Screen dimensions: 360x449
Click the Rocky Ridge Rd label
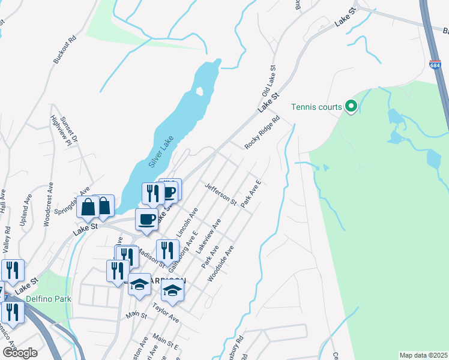pos(262,133)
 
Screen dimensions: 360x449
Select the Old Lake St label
pos(268,82)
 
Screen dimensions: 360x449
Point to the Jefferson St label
pos(221,194)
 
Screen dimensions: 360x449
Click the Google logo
pos(19,352)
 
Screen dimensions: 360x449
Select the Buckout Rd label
pos(65,50)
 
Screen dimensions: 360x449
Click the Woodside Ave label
pos(220,263)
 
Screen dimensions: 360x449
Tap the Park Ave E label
pos(252,194)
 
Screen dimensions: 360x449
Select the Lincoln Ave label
pos(186,221)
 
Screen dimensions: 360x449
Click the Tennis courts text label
pos(316,107)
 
